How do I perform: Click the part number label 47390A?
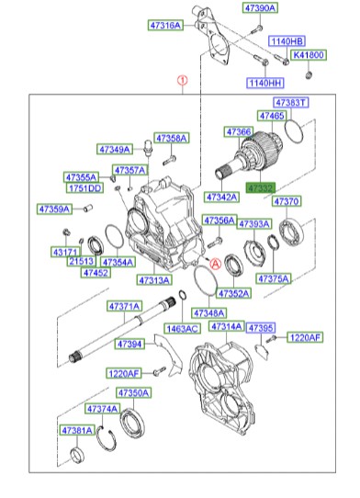point(260,7)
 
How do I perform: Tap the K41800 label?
point(309,55)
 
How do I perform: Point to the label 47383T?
point(291,102)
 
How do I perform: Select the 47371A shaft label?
point(124,305)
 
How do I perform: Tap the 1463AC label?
point(183,327)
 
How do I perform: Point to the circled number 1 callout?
point(182,80)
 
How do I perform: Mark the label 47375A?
point(274,277)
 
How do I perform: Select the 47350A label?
point(133,392)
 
